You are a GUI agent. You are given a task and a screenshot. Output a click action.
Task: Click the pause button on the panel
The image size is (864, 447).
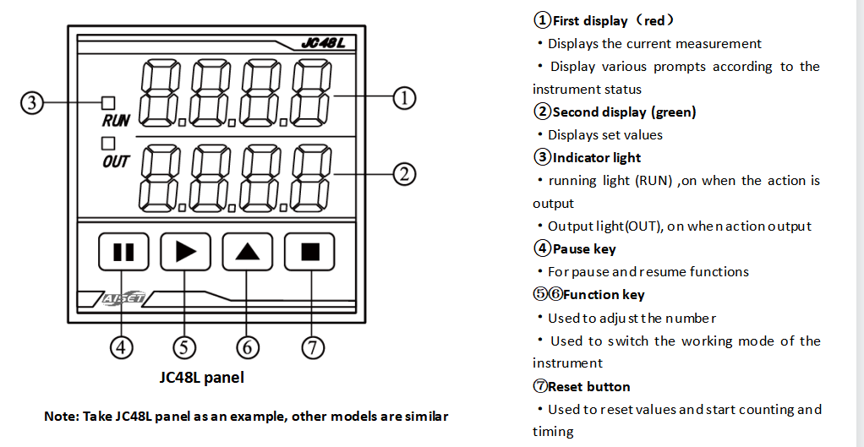point(123,251)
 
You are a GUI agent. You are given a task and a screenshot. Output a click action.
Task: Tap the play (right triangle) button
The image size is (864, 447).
point(185,251)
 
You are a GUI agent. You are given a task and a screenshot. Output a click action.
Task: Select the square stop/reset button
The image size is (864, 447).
point(310,251)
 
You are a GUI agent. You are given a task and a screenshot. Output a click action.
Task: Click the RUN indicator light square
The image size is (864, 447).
point(108,104)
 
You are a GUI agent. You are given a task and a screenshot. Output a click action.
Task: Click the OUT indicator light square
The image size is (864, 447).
point(108,144)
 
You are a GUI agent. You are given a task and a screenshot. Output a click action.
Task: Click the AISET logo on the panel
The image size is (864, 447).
point(124,298)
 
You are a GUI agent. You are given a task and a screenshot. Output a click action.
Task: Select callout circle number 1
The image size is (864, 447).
point(405,98)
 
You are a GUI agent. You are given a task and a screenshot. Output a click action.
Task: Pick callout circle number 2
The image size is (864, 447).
point(405,175)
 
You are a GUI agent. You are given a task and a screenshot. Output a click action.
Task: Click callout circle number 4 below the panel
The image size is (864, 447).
point(123,347)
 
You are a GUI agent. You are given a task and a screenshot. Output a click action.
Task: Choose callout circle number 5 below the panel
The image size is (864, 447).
point(184,347)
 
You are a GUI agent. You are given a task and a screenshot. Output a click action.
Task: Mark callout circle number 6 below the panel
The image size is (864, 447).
point(247,347)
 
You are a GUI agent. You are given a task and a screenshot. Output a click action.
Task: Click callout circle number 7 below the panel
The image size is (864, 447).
point(313,347)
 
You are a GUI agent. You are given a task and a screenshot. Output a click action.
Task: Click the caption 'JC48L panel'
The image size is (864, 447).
point(202,378)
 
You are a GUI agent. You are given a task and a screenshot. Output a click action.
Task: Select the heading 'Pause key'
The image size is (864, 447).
point(583,249)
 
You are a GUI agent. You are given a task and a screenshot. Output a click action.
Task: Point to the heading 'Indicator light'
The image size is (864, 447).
point(596,158)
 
